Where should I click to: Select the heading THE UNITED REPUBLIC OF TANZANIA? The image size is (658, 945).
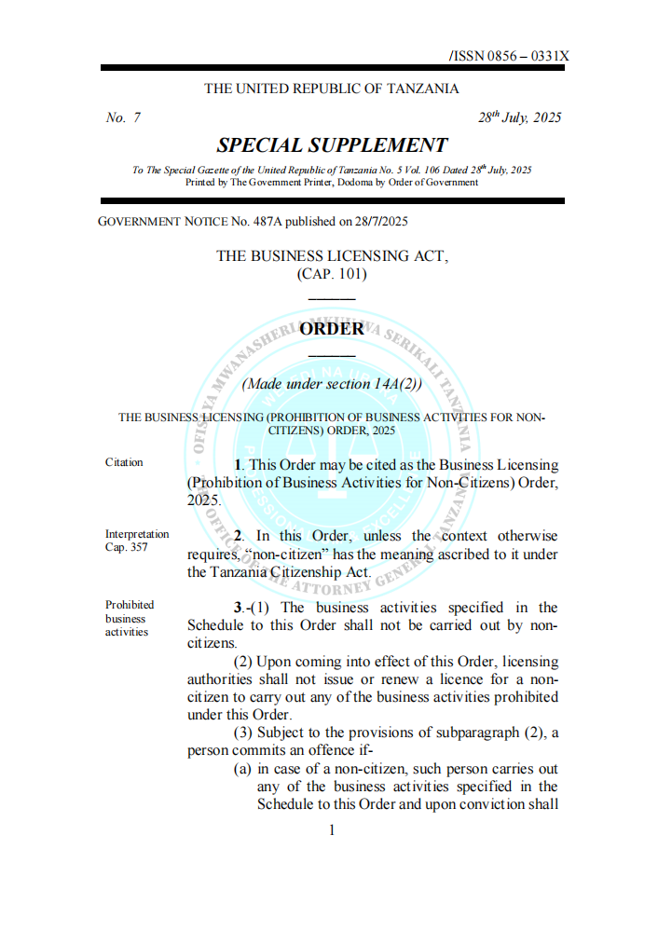332,89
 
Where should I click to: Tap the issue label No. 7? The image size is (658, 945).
123,118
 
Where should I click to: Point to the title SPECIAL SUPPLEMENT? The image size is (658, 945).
332,145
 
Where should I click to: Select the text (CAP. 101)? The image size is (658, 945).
332,274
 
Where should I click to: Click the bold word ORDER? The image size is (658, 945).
332,329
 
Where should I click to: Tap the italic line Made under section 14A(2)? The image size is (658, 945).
332,383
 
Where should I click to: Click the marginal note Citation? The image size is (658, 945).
124,463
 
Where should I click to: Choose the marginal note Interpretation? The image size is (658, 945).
137,534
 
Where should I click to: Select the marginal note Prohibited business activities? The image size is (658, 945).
130,618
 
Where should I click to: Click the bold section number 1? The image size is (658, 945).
239,464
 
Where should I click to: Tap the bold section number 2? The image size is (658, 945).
239,536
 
